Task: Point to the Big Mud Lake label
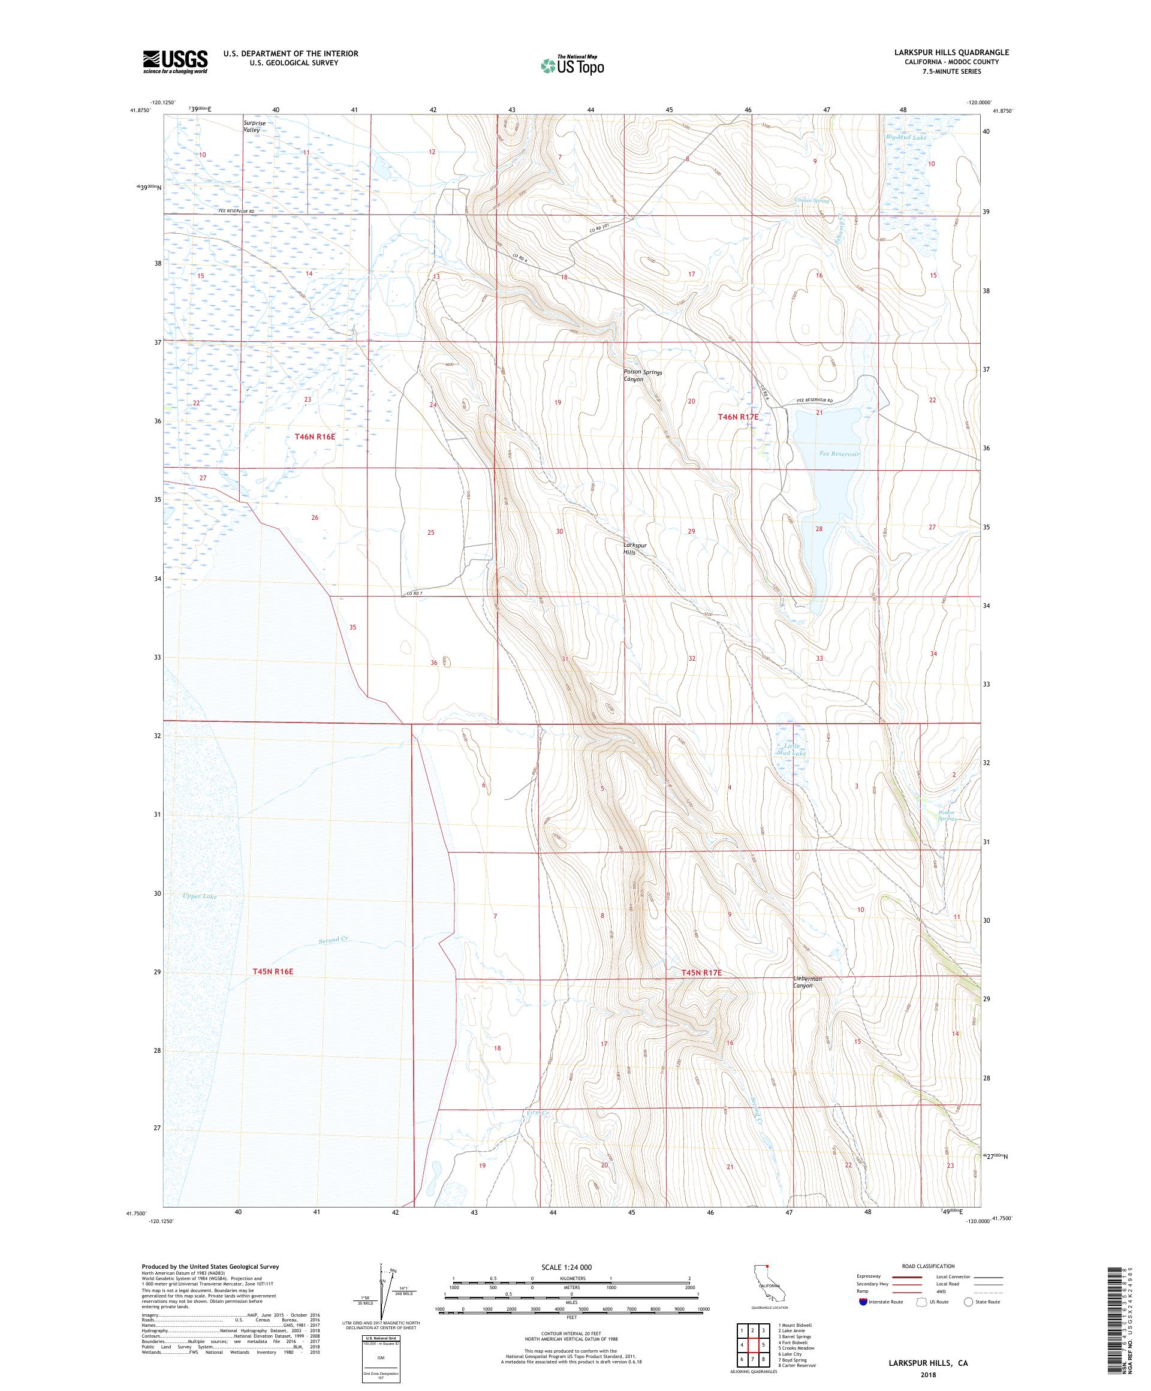[906, 138]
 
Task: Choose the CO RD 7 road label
[414, 593]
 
